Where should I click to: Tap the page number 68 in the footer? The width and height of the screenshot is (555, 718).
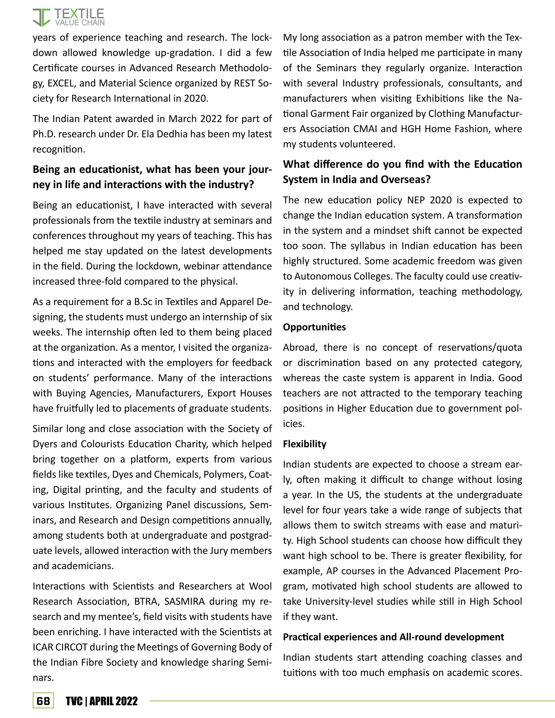tap(43, 701)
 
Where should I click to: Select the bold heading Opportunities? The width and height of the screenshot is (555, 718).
tap(314, 327)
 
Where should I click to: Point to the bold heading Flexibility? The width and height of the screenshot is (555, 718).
tap(304, 444)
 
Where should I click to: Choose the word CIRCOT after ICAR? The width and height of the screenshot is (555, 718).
tap(71, 647)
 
